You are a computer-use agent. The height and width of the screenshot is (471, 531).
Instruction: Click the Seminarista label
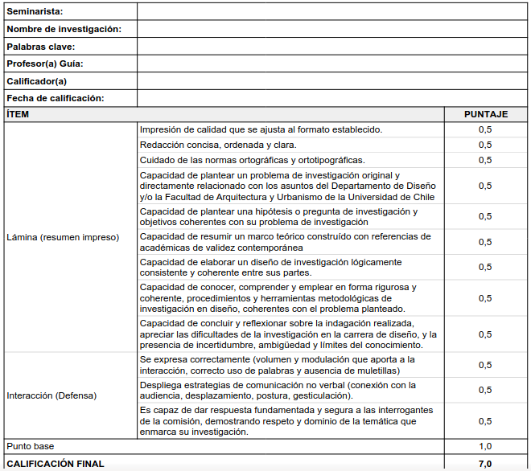tap(35, 11)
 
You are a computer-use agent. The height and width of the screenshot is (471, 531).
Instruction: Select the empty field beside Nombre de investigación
tap(331, 29)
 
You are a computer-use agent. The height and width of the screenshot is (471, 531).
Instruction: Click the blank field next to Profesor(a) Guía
tap(331, 63)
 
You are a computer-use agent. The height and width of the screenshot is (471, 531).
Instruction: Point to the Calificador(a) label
tap(36, 81)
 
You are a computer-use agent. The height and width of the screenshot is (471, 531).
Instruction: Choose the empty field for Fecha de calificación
tap(331, 98)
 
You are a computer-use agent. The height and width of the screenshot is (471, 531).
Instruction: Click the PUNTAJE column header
tap(485, 114)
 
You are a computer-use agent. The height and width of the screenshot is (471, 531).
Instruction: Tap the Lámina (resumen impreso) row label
tap(63, 237)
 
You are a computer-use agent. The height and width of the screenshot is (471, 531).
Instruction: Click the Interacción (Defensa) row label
tap(51, 395)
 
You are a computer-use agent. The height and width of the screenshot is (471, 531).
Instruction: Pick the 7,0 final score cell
tap(485, 464)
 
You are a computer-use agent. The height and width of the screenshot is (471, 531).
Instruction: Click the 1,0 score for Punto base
tap(485, 446)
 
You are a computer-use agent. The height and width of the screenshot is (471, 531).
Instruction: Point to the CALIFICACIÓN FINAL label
tap(56, 464)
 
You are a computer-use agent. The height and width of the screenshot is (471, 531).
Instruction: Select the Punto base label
tap(31, 446)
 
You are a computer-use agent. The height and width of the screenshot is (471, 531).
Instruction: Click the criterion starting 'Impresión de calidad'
tap(261, 129)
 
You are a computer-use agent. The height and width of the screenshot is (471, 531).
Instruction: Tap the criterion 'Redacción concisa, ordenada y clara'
tap(218, 145)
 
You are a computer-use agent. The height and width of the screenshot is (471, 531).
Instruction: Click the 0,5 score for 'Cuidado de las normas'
tap(485, 160)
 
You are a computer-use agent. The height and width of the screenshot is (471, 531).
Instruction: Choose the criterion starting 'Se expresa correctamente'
tap(277, 365)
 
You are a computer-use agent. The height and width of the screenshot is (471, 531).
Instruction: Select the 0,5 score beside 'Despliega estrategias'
tap(485, 390)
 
